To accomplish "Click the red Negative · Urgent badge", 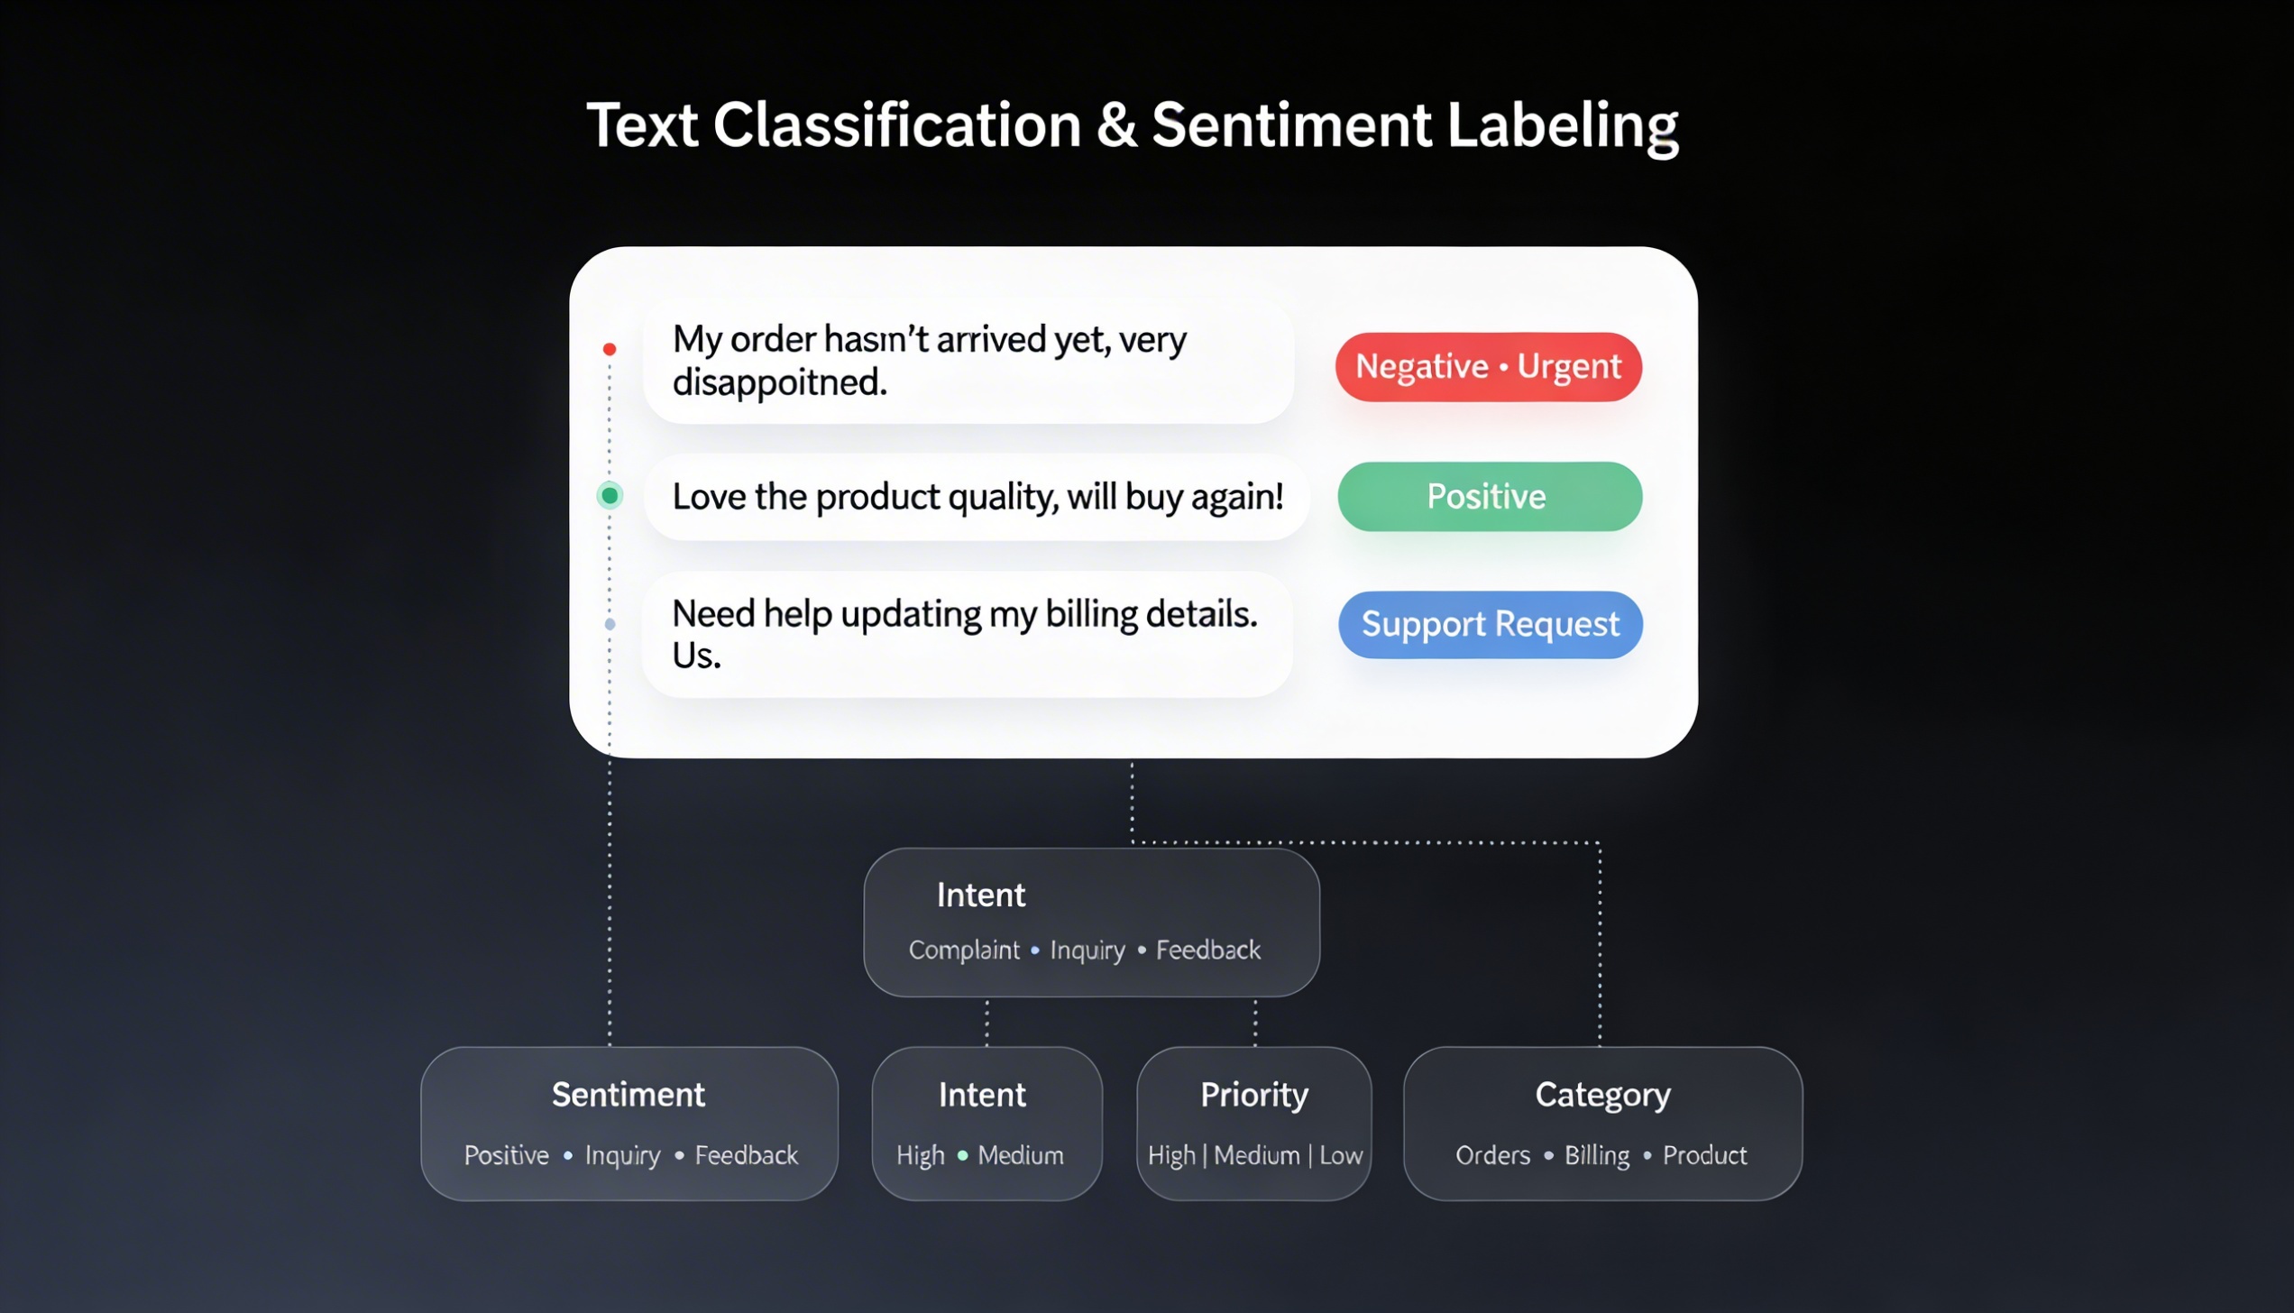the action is click(x=1489, y=366).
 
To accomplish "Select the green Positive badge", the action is click(x=1490, y=496).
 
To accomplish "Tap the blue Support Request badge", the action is click(x=1491, y=624).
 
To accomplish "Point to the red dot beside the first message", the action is click(x=610, y=349).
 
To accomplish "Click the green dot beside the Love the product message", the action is click(x=610, y=495).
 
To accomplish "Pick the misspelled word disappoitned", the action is click(x=780, y=382).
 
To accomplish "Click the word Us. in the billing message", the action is click(x=697, y=656).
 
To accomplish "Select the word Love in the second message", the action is click(x=709, y=497).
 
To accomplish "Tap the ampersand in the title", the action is click(x=1116, y=124).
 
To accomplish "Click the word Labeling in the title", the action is click(x=1563, y=126).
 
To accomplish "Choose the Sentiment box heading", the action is click(x=629, y=1095).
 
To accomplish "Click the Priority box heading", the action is click(x=1254, y=1096).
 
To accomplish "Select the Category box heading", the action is click(x=1603, y=1096).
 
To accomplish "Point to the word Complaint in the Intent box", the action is click(x=964, y=950).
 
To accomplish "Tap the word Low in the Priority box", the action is click(x=1341, y=1155).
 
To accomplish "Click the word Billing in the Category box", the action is click(x=1597, y=1155).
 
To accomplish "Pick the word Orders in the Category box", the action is click(x=1493, y=1155).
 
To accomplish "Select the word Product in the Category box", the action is click(x=1705, y=1155).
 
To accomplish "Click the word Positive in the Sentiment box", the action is click(x=507, y=1155).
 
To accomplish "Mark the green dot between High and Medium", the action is click(x=962, y=1155).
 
